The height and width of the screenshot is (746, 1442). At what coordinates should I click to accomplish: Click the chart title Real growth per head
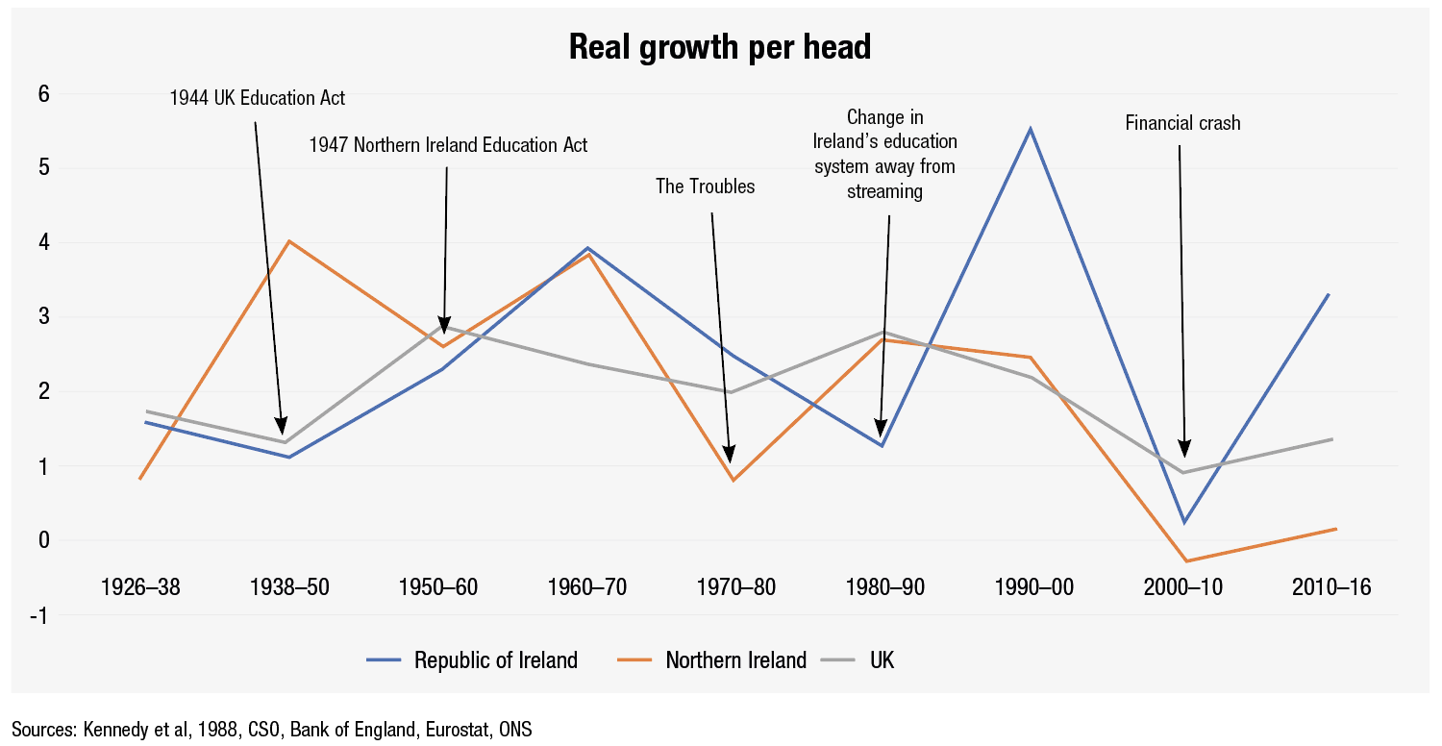(720, 47)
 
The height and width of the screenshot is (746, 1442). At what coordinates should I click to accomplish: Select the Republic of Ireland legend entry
(495, 660)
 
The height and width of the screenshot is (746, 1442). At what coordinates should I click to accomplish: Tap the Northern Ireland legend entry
(735, 660)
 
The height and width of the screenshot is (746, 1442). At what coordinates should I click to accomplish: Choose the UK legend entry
(882, 660)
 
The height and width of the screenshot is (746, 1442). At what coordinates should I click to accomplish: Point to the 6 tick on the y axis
(43, 94)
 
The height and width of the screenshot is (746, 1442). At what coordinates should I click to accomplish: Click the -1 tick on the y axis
(39, 615)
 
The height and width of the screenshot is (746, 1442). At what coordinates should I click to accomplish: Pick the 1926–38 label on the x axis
(140, 587)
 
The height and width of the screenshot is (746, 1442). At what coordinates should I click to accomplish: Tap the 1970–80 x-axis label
(735, 587)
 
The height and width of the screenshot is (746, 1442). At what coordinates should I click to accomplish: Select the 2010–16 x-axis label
(1331, 587)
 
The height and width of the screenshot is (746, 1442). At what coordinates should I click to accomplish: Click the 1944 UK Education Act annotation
(257, 98)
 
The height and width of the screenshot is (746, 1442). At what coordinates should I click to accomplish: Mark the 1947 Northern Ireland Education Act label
(448, 145)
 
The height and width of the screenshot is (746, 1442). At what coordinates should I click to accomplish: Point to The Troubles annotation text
(706, 186)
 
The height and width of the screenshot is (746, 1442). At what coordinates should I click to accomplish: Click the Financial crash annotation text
(1182, 123)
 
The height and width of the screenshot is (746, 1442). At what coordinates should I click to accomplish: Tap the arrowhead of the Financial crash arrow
(1184, 450)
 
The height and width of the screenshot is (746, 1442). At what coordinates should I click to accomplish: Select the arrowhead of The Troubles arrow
(730, 455)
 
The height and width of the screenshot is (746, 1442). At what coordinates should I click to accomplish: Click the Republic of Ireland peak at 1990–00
(1031, 128)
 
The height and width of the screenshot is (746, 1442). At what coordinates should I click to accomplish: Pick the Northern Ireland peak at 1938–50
(289, 240)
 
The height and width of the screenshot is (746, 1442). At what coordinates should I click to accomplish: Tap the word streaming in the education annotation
(884, 191)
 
